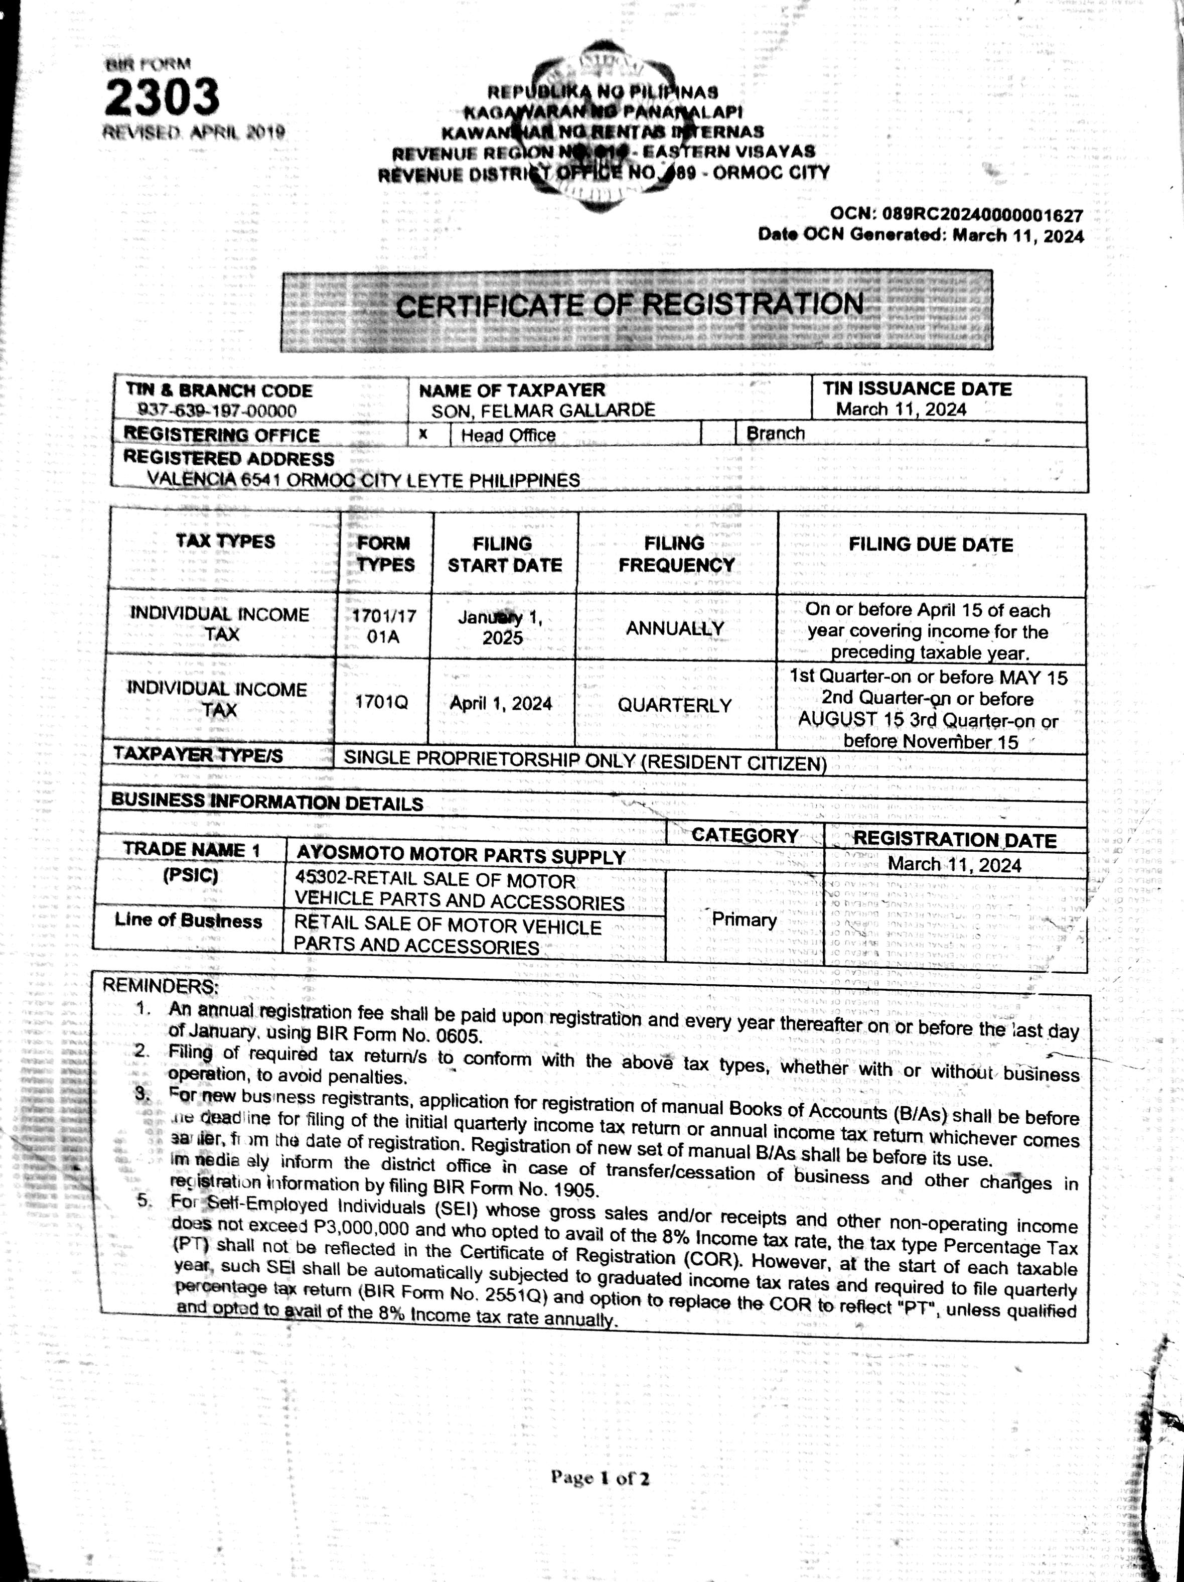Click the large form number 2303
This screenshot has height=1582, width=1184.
click(163, 97)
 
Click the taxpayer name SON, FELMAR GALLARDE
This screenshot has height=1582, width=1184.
click(543, 410)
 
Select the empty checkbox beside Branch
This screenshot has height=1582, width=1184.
click(718, 434)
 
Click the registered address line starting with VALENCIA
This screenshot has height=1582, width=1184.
click(363, 479)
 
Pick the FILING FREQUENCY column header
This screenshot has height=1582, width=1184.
click(676, 554)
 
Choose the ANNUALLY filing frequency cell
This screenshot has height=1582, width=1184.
click(675, 629)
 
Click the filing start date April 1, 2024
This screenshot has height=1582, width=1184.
click(501, 703)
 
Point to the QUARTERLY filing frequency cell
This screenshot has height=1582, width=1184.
click(674, 705)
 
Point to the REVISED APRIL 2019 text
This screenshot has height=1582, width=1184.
click(194, 133)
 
